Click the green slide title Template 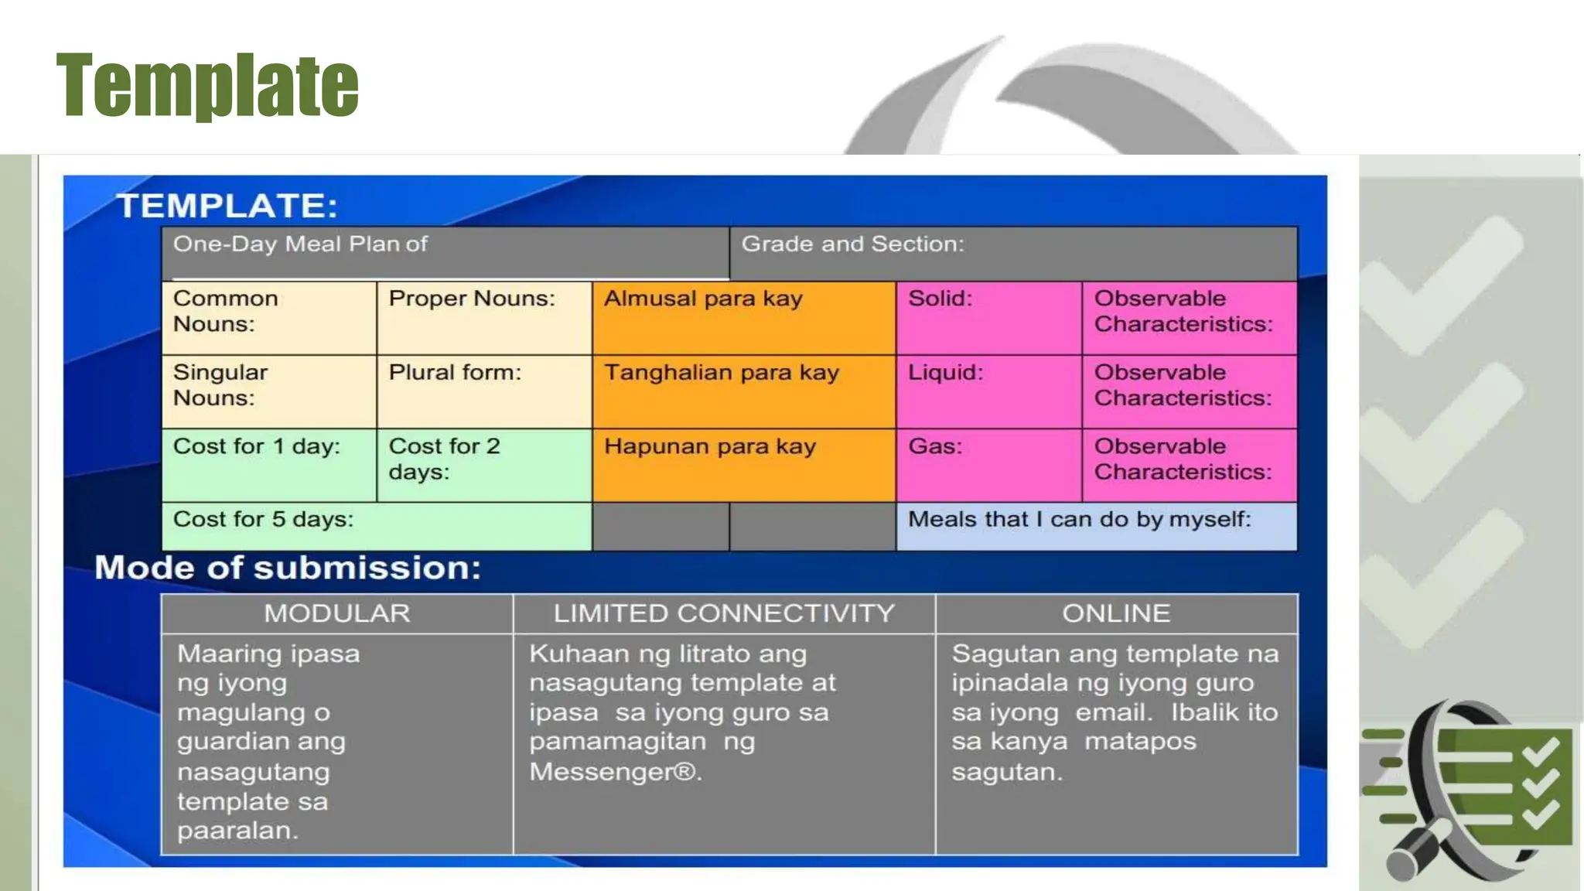click(x=207, y=85)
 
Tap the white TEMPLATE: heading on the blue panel click(x=227, y=206)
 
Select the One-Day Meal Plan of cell click(x=445, y=253)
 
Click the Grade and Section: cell click(x=1013, y=253)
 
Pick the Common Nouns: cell click(x=268, y=318)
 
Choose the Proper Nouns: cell click(x=484, y=318)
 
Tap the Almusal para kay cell click(x=744, y=318)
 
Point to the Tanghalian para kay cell click(x=744, y=391)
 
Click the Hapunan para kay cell click(x=744, y=465)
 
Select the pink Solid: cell click(x=988, y=318)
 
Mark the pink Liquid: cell click(x=988, y=391)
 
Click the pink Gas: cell click(x=988, y=465)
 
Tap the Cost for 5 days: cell click(x=377, y=526)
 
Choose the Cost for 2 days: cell click(x=484, y=465)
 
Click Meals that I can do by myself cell click(x=1096, y=526)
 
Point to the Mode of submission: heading click(x=288, y=568)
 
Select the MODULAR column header click(x=336, y=613)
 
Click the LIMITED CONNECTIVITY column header click(x=724, y=613)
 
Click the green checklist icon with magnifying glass click(x=1470, y=789)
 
